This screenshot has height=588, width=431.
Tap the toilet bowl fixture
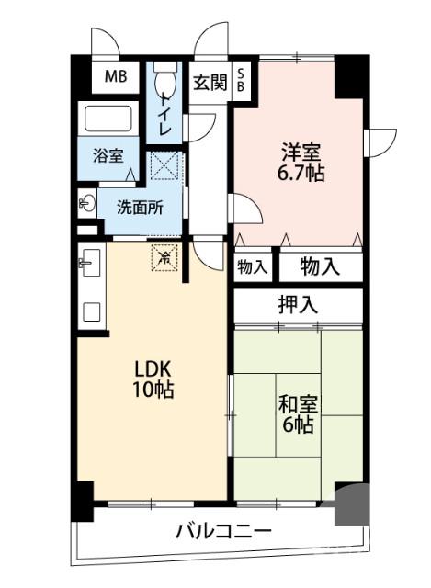[x=165, y=82]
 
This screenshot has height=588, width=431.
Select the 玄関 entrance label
[x=210, y=82]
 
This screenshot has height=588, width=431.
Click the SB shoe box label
[x=242, y=81]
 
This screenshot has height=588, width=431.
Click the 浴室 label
[x=108, y=155]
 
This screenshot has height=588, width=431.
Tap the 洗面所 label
[x=140, y=207]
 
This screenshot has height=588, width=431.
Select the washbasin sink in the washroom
[x=87, y=203]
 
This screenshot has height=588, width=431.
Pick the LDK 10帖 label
[x=151, y=378]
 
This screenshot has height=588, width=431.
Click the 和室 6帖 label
[x=296, y=413]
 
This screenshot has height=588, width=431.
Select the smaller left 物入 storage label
[x=252, y=267]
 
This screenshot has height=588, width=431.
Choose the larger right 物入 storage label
[x=320, y=267]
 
